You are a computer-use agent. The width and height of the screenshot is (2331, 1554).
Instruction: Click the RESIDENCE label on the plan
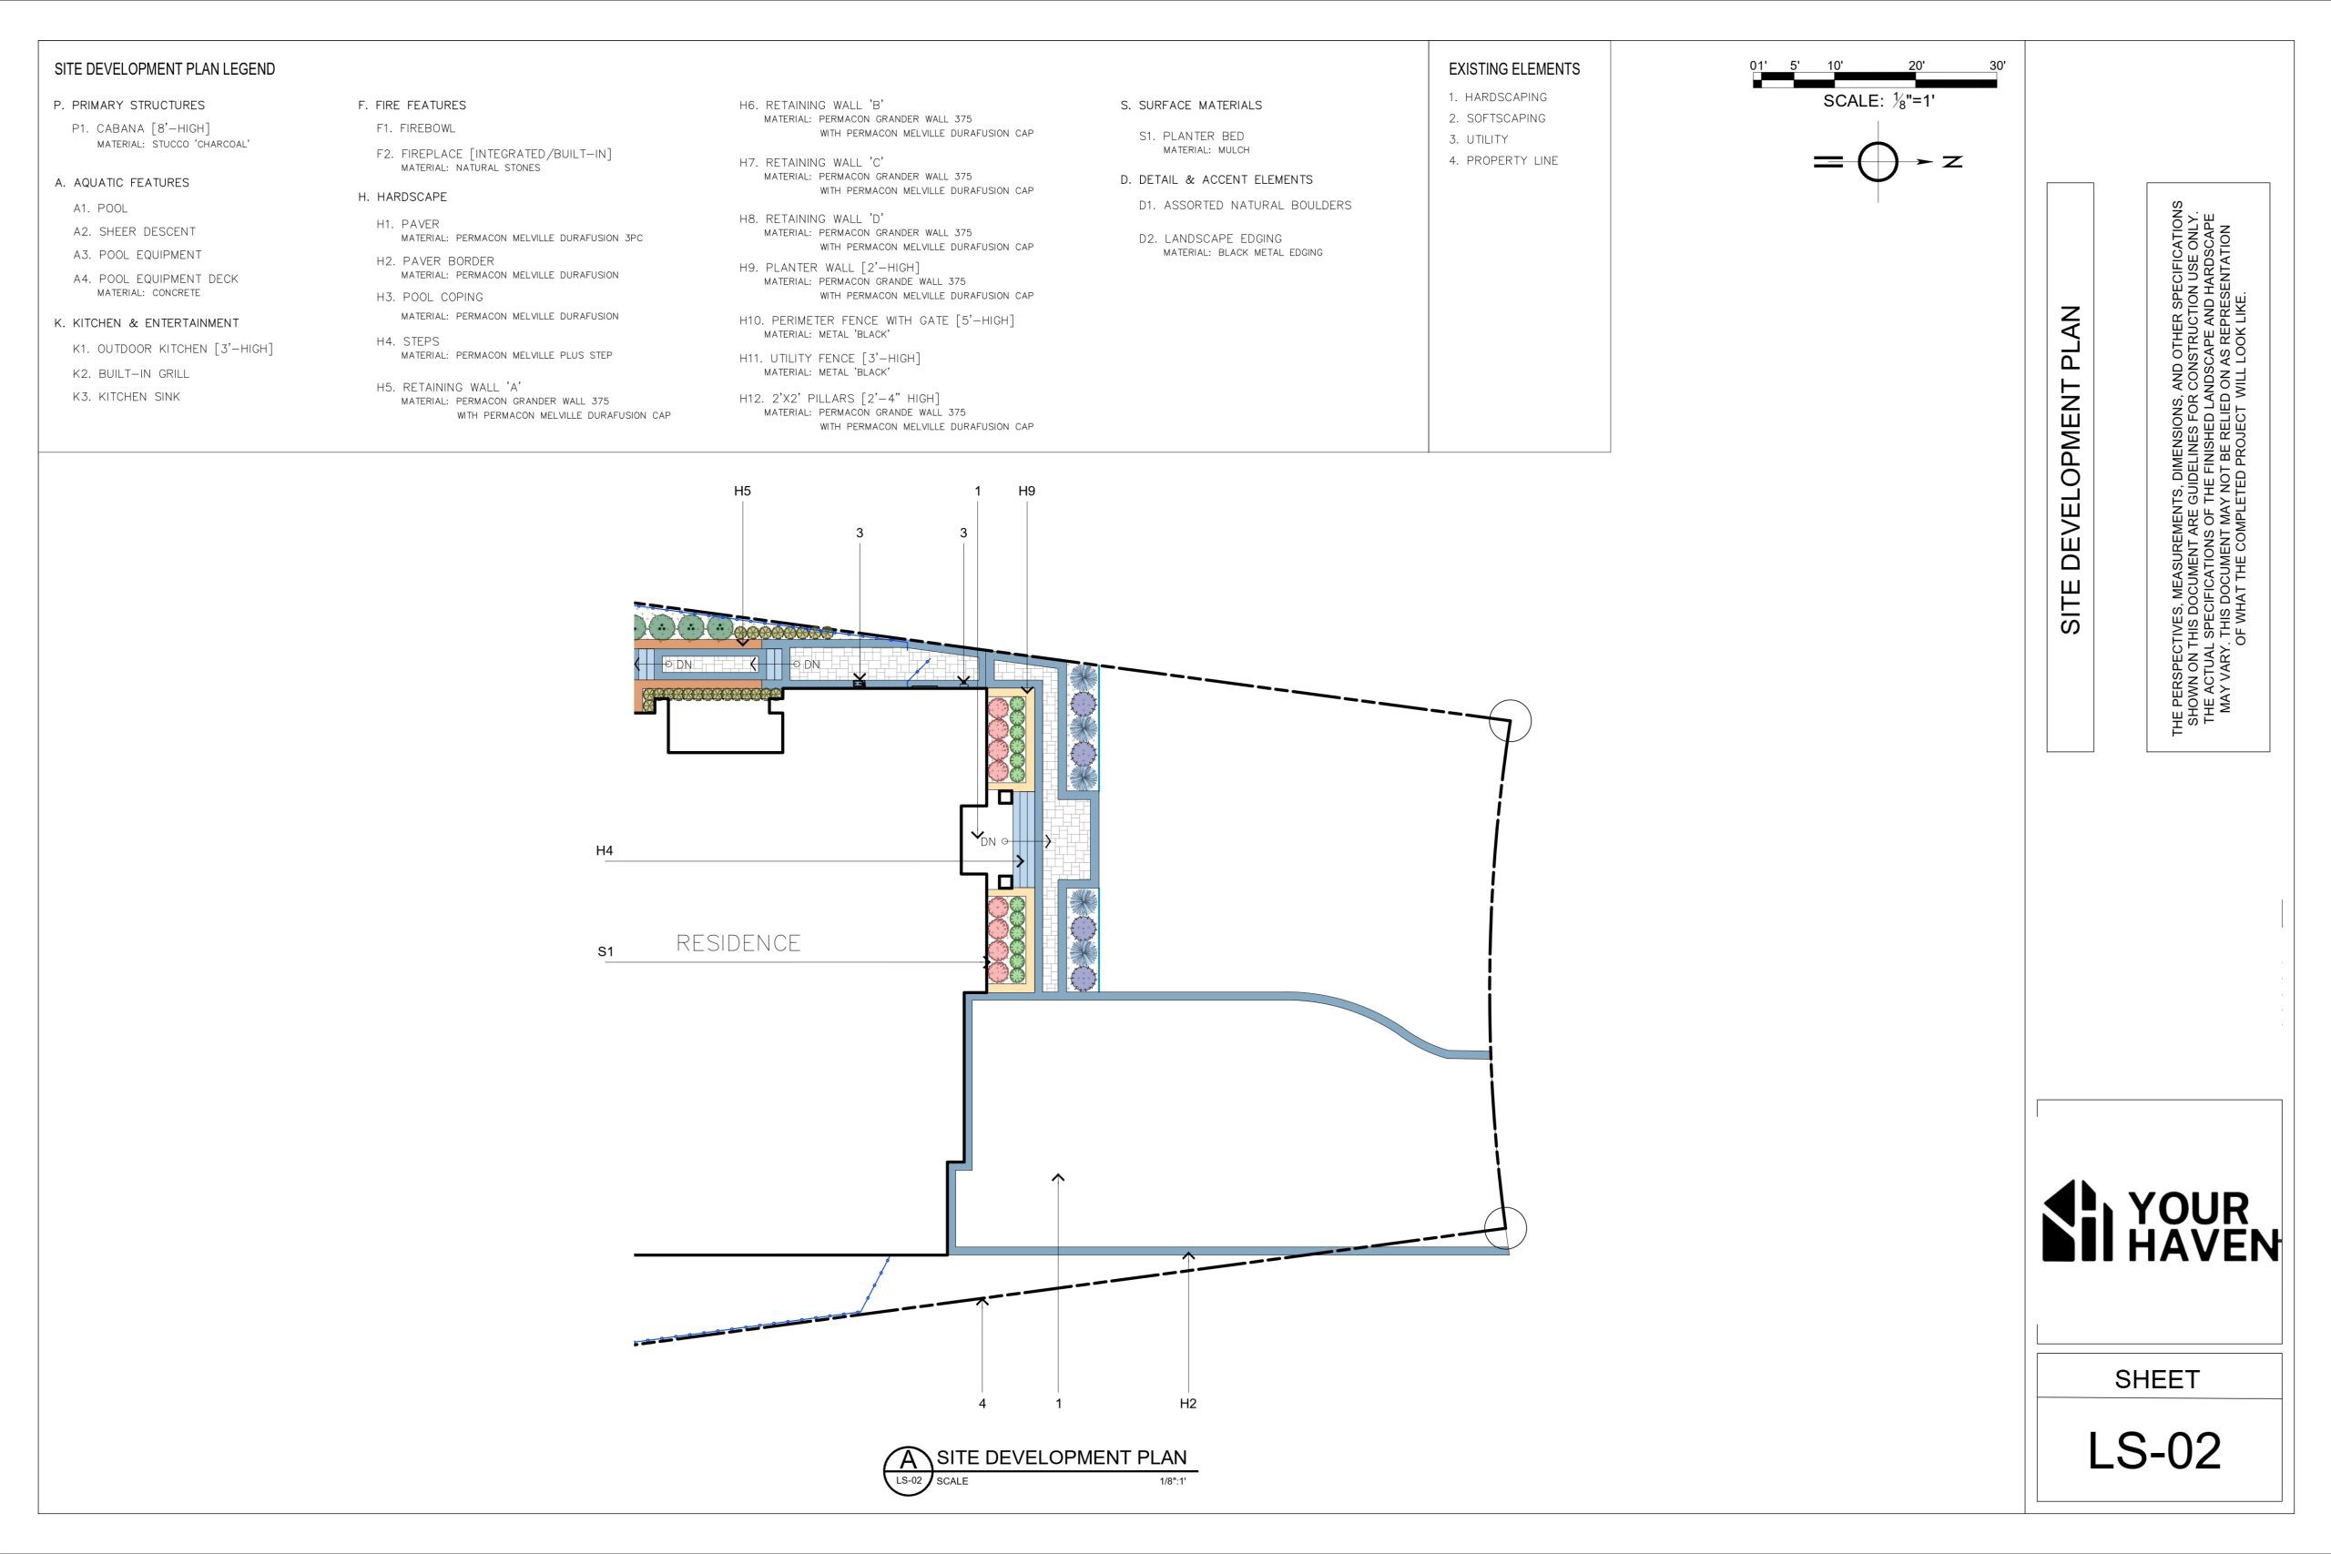point(738,942)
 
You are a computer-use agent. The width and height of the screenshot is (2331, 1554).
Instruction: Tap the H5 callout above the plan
point(742,491)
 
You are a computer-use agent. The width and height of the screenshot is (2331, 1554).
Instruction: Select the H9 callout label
point(1027,491)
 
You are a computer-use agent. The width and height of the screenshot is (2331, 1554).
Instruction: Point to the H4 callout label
point(605,850)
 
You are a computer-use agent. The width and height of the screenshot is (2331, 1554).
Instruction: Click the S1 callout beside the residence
point(606,951)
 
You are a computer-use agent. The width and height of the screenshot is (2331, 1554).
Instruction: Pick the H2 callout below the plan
point(1188,1404)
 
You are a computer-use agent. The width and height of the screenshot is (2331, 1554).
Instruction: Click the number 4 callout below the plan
point(982,1404)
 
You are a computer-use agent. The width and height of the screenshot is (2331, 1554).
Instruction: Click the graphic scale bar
point(1875,80)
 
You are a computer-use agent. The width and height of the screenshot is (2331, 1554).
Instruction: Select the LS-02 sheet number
point(2154,1451)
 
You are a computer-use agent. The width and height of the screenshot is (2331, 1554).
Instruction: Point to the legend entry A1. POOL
point(100,208)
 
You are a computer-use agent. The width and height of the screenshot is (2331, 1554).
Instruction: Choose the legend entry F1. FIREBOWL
point(415,127)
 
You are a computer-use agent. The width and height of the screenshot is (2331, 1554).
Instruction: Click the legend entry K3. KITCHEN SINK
point(126,396)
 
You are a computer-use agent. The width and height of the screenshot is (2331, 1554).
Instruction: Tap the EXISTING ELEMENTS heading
point(1514,69)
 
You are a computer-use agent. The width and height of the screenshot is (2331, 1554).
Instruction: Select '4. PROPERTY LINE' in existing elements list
point(1503,160)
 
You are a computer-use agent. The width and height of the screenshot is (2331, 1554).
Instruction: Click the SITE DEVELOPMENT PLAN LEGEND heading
point(165,69)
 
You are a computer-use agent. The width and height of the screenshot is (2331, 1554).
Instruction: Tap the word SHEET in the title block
point(2156,1379)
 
